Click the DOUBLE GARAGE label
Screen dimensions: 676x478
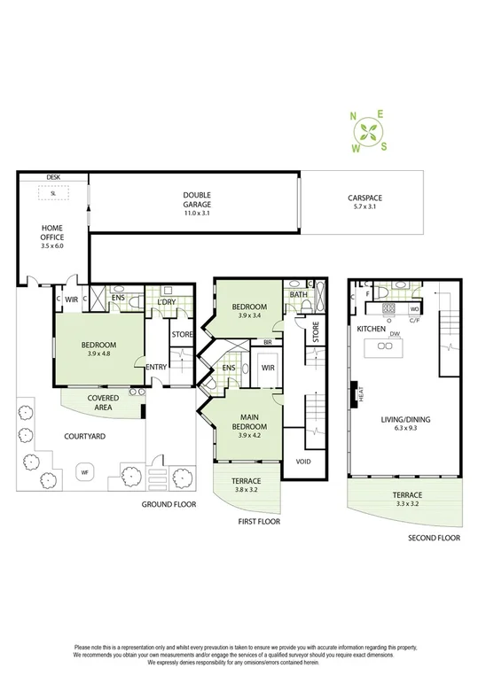197,198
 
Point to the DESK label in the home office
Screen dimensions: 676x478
53,177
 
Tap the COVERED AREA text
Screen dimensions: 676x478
103,403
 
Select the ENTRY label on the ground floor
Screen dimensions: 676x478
157,367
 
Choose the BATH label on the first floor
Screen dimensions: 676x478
297,294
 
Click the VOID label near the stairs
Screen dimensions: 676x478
303,461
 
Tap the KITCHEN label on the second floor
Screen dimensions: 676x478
372,329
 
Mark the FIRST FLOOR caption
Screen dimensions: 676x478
259,523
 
